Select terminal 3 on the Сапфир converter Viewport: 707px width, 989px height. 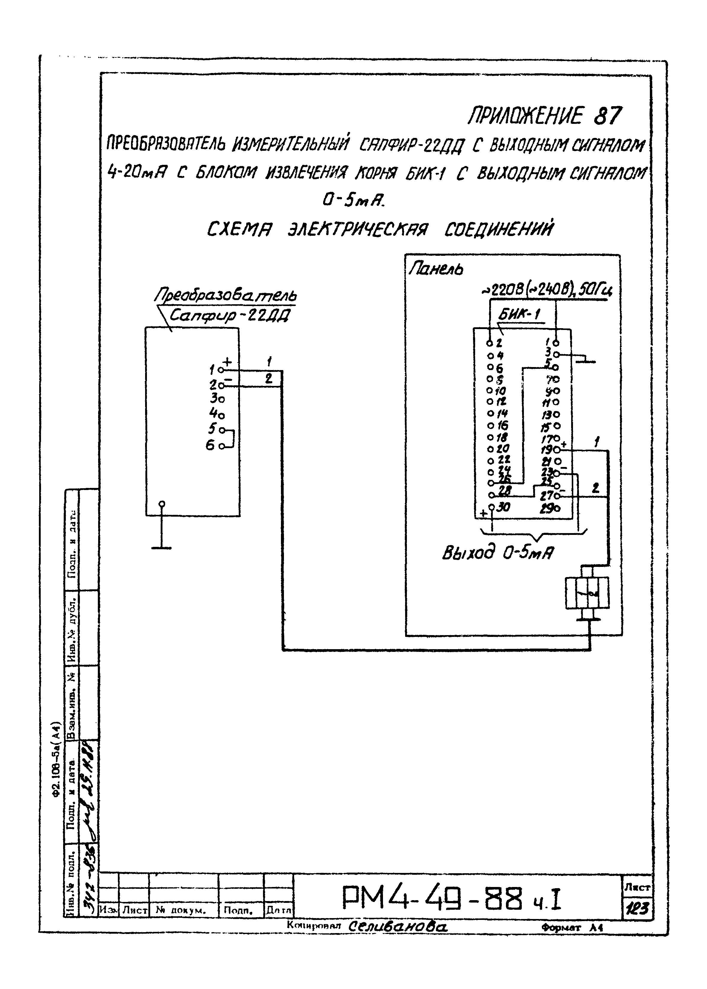tap(214, 398)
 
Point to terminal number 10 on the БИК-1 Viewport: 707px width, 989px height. tap(501, 390)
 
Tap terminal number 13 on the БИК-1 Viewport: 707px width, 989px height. tap(547, 414)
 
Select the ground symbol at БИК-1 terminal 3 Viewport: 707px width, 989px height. tap(585, 360)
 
